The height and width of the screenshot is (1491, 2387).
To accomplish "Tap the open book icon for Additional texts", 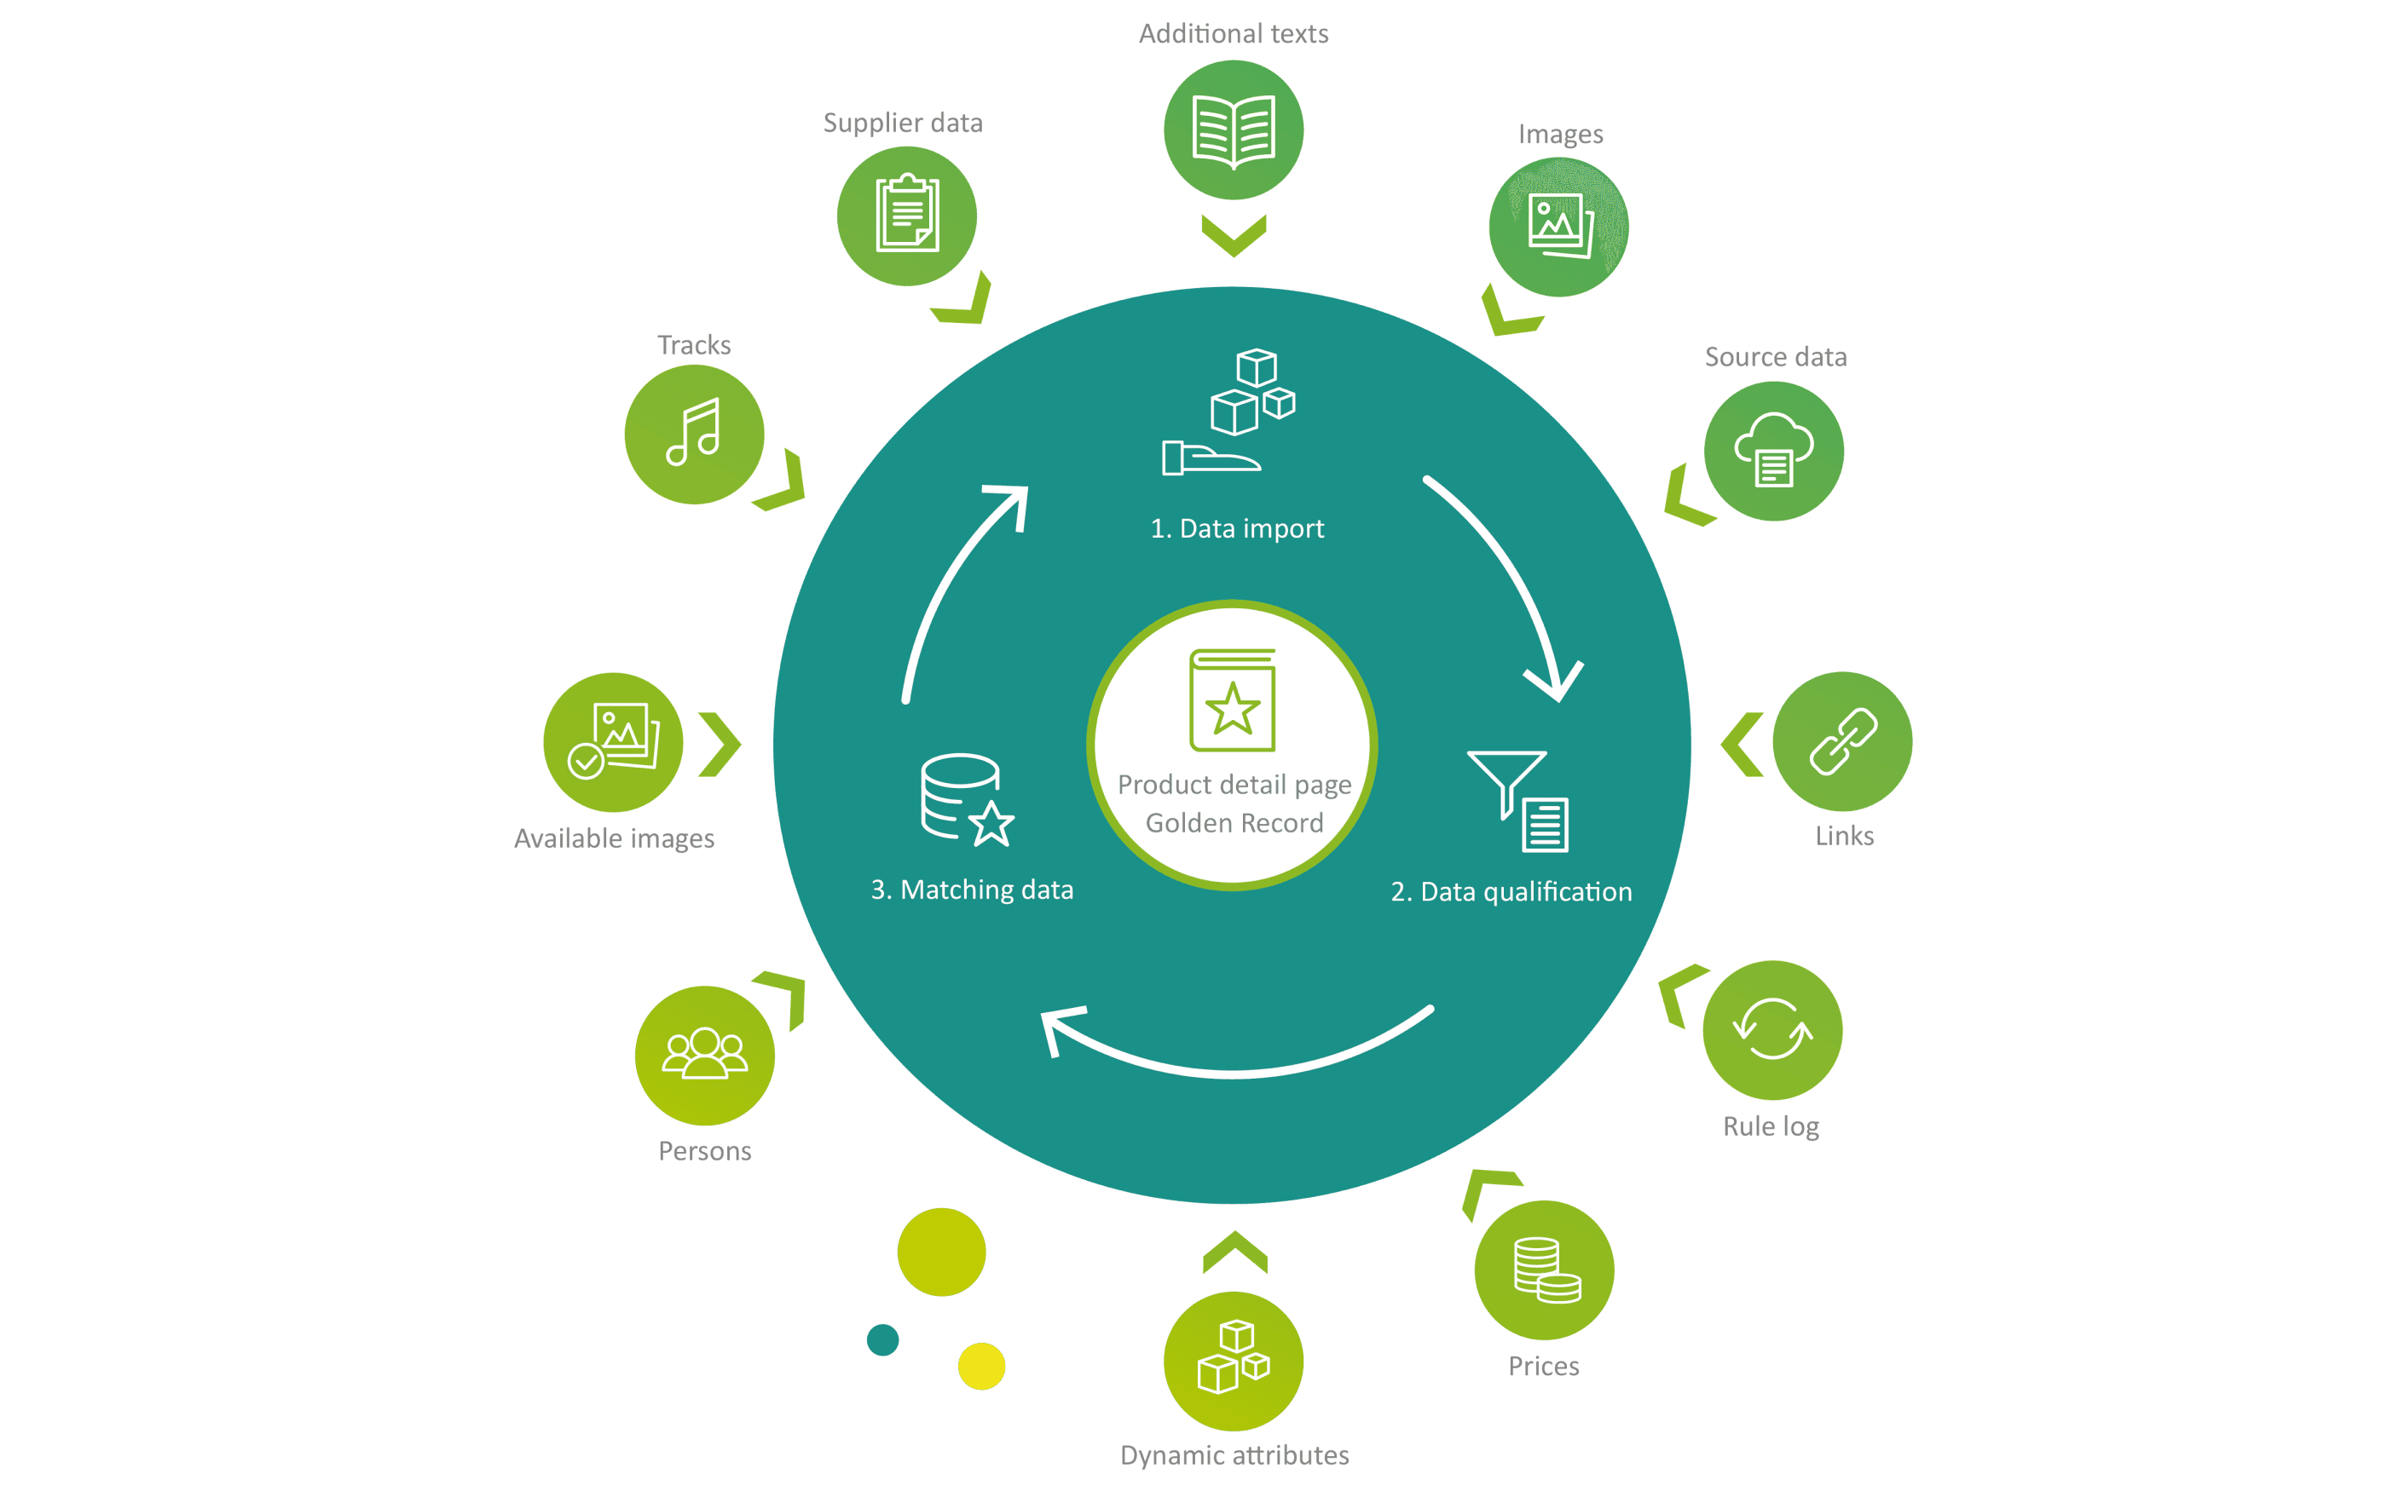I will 1233,130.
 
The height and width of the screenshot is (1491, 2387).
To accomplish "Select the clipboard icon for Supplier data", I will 906,215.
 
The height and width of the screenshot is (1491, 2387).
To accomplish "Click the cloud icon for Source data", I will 1773,451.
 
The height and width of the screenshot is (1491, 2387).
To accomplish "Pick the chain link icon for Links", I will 1841,741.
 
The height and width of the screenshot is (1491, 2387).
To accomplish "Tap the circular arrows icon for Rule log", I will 1771,1029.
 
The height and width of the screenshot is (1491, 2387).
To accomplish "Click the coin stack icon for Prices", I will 1545,1270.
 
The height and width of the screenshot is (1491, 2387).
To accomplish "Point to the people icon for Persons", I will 704,1055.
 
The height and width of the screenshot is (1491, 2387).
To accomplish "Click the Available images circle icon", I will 613,741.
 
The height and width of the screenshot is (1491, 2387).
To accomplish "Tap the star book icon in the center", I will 1232,701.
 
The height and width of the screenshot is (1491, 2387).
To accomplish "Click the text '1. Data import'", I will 1237,528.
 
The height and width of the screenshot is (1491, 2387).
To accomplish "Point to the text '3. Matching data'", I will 972,889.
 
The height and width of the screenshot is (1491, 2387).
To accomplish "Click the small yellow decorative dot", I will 981,1366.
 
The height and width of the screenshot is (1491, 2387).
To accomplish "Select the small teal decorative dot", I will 883,1339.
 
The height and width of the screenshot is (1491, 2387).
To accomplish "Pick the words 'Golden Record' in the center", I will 1234,822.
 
